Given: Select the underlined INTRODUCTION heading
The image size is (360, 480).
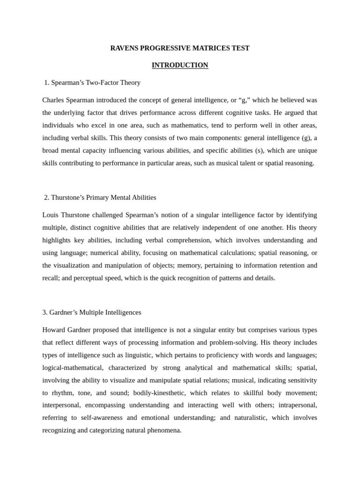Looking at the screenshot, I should tap(180, 65).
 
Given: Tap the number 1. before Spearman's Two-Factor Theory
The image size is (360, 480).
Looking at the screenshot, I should tap(46, 82).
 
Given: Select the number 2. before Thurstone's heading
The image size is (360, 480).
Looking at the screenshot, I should tap(46, 197).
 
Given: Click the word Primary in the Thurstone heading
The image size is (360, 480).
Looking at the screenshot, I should tap(97, 197).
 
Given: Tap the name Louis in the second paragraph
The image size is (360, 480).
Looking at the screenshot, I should tap(51, 215).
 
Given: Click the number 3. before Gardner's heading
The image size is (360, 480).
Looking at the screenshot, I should tap(45, 312).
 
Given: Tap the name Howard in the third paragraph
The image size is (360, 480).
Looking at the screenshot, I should tap(54, 330).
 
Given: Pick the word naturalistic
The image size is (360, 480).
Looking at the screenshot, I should tap(249, 418).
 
